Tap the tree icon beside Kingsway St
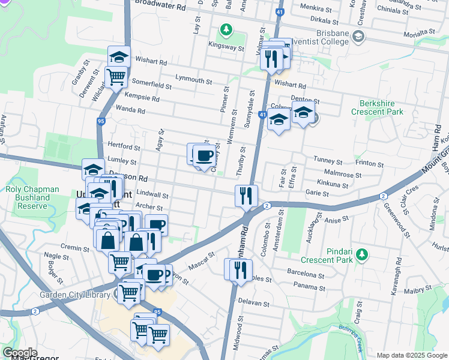226,29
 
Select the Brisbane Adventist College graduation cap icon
358,37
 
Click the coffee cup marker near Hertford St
203,156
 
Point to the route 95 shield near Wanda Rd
100,121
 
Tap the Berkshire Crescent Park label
380,107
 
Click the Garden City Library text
75,295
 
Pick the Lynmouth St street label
194,79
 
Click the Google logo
19,353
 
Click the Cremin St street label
74,247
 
